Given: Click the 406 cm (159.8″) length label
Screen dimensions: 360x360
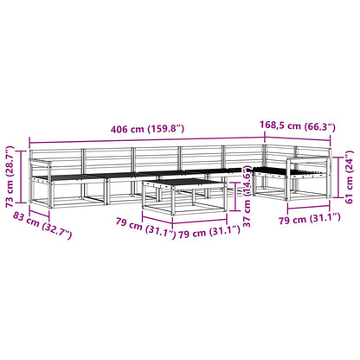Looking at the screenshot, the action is [x=147, y=129].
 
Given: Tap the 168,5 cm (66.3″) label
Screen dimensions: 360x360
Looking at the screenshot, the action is [x=298, y=126].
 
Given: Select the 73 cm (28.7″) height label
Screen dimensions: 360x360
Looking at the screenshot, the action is [x=10, y=177].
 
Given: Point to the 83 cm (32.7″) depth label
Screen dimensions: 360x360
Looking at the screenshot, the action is [x=42, y=225].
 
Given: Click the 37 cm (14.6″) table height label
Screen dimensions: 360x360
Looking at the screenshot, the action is [x=247, y=196].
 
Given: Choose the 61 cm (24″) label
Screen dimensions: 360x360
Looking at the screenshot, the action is [x=349, y=177].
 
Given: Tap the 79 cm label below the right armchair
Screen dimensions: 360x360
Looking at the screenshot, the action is [x=310, y=219].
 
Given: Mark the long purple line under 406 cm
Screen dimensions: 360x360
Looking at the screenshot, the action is [x=147, y=139].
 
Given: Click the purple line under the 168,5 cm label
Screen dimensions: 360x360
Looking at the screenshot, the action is [x=298, y=138].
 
